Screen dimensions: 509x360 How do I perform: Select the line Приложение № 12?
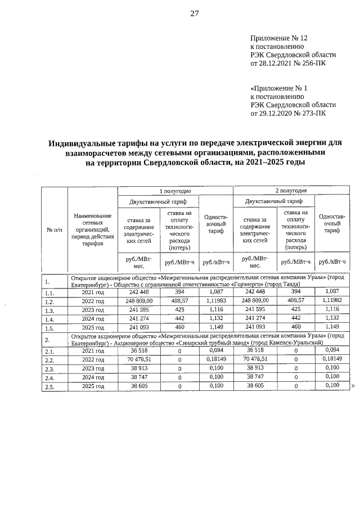tap(279, 38)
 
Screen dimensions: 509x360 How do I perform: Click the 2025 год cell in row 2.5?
tap(93, 387)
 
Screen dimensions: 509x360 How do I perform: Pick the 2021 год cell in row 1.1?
tap(93, 292)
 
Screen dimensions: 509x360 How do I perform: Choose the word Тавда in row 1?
tap(290, 285)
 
